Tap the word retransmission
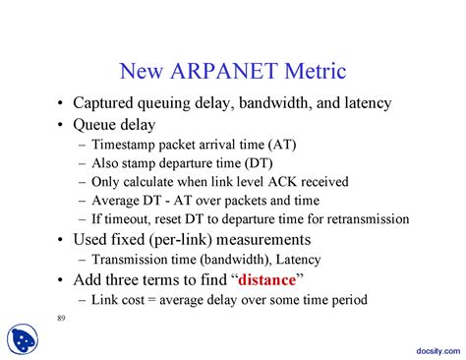[365, 219]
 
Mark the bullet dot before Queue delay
[62, 125]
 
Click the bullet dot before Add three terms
[62, 280]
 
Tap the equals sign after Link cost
[159, 300]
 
